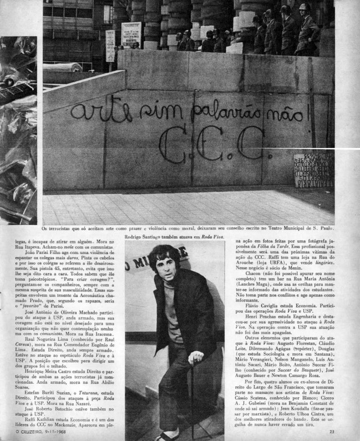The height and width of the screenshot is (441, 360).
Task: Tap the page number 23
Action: coord(332,431)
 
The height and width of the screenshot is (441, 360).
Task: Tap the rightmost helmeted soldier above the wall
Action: coord(308,33)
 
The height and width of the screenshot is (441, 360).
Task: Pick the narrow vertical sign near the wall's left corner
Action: coord(110,46)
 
